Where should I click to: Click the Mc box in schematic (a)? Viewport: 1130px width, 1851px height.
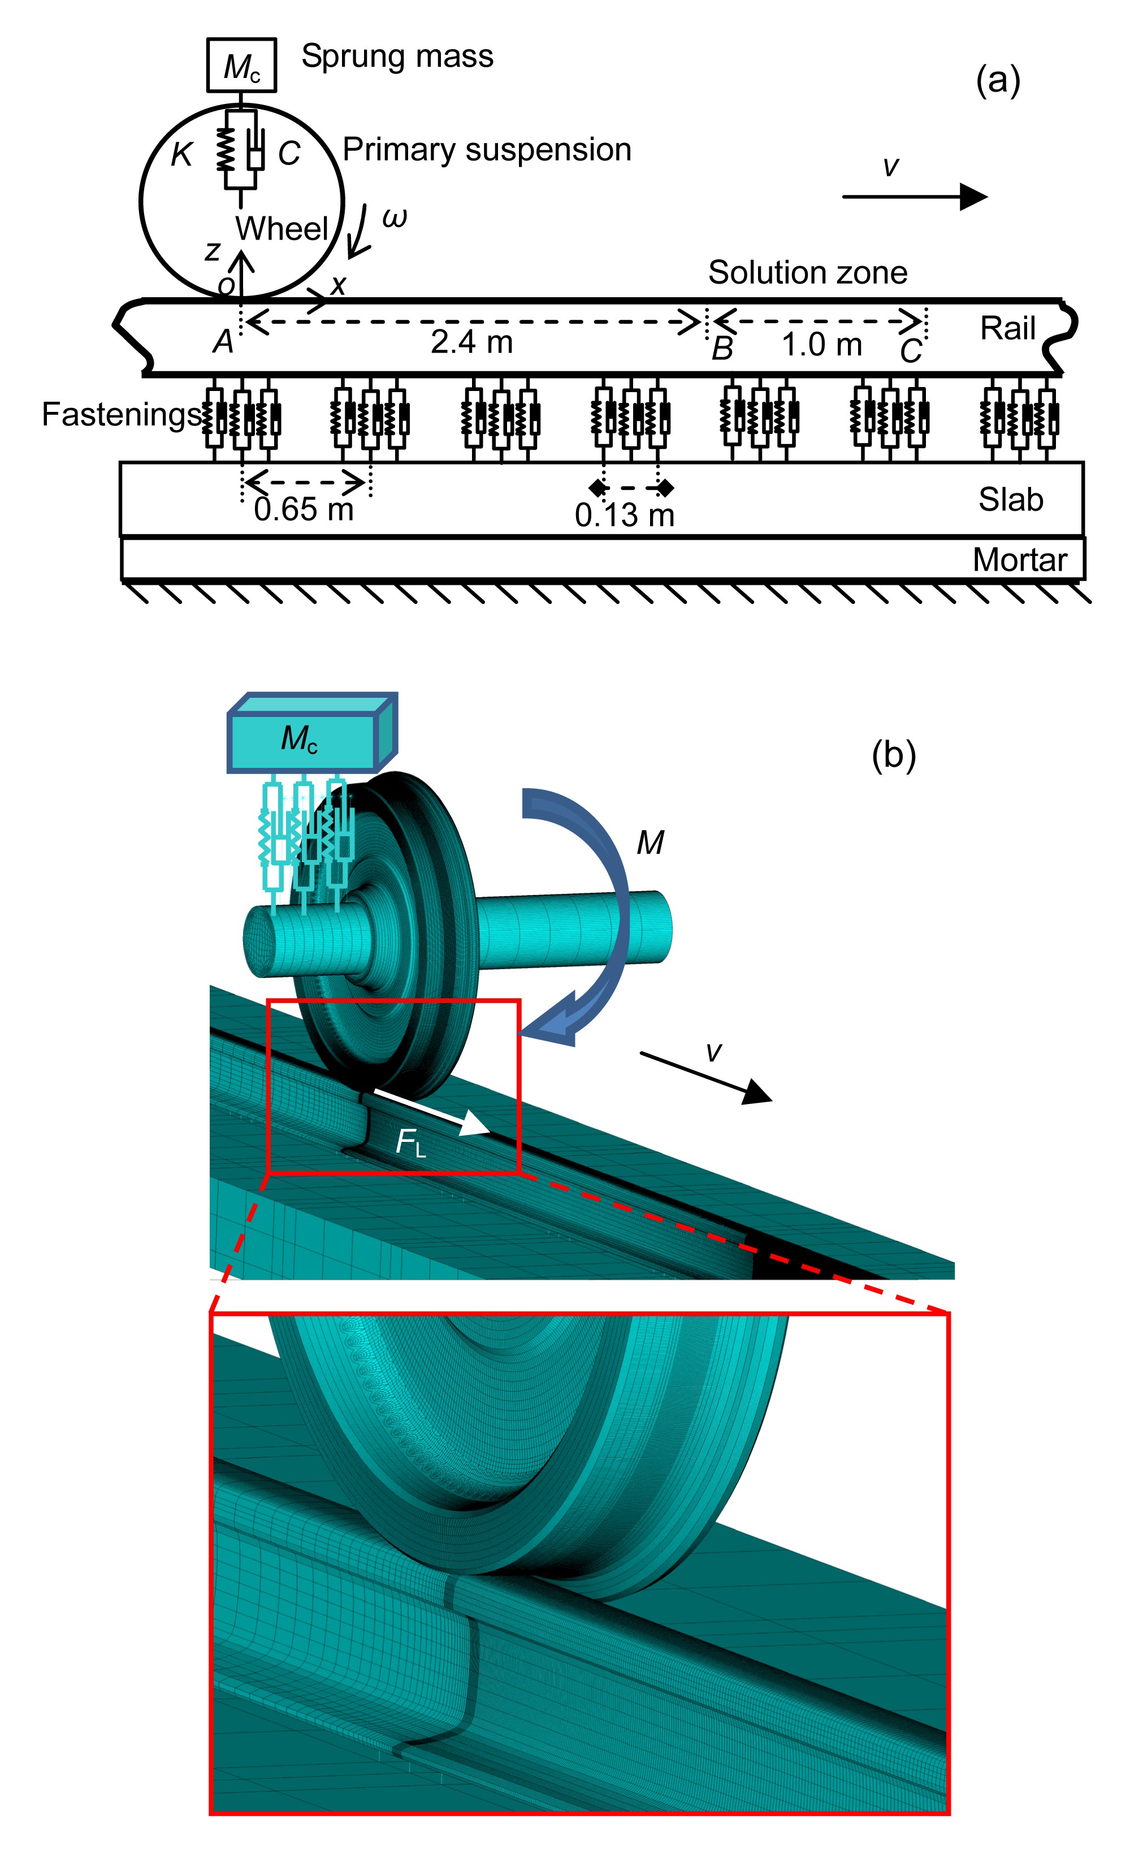tap(241, 66)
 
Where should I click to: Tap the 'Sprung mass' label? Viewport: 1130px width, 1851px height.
tap(397, 57)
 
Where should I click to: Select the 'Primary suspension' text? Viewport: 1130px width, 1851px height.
tap(486, 150)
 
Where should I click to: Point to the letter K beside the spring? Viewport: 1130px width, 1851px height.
tap(182, 154)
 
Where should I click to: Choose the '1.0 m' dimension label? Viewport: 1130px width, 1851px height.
tap(821, 345)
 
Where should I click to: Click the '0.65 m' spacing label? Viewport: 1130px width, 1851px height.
tap(303, 509)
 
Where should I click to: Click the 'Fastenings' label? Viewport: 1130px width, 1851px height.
tap(121, 415)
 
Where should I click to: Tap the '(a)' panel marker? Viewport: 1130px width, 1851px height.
tap(997, 80)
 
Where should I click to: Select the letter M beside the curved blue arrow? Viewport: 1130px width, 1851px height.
tap(650, 843)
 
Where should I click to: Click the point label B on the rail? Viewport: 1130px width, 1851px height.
tap(722, 349)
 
